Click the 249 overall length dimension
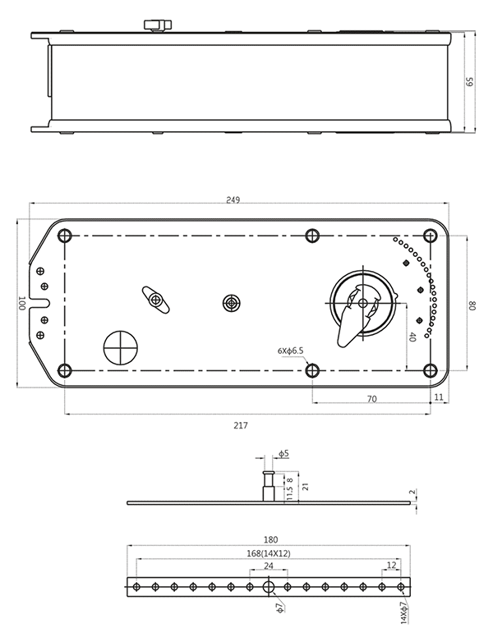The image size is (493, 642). click(x=233, y=200)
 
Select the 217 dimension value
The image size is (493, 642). click(x=241, y=426)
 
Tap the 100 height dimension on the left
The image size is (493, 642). click(x=22, y=304)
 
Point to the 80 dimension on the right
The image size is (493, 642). click(x=472, y=305)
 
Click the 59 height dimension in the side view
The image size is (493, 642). click(x=470, y=82)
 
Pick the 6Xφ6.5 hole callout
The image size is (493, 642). click(x=290, y=351)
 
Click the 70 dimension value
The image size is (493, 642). click(x=371, y=399)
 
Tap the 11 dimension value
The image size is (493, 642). click(x=439, y=397)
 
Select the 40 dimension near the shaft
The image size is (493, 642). click(x=412, y=337)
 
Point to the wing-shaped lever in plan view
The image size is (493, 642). click(x=156, y=300)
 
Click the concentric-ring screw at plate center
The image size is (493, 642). click(x=232, y=304)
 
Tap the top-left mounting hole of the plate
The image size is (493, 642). click(x=65, y=236)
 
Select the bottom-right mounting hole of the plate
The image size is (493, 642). click(x=430, y=370)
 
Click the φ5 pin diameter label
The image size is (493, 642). click(x=284, y=453)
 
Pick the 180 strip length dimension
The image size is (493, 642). click(x=271, y=539)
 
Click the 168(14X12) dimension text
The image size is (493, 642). click(x=269, y=553)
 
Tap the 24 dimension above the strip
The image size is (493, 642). click(x=269, y=566)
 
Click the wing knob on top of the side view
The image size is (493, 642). click(x=158, y=25)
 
